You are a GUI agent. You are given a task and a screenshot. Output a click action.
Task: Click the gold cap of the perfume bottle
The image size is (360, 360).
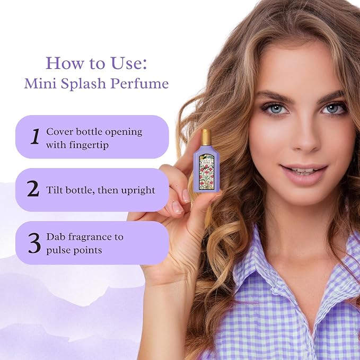[206, 137]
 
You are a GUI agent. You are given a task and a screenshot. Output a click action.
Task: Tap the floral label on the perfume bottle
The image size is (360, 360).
[206, 172]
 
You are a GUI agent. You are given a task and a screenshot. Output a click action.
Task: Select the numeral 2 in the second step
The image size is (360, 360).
[33, 189]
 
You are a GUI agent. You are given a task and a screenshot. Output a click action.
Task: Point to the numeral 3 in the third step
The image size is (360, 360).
[34, 243]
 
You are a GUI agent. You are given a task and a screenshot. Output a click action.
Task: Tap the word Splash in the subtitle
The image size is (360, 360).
[83, 84]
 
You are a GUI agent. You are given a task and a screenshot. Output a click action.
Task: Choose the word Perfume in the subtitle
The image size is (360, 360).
[139, 83]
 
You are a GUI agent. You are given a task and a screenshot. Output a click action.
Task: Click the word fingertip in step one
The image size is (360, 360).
[89, 146]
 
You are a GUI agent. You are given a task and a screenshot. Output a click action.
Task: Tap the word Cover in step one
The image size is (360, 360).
[60, 132]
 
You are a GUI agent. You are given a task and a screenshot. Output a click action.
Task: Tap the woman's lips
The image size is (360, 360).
[303, 173]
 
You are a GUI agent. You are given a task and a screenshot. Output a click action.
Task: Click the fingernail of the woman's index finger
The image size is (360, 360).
[187, 196]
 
